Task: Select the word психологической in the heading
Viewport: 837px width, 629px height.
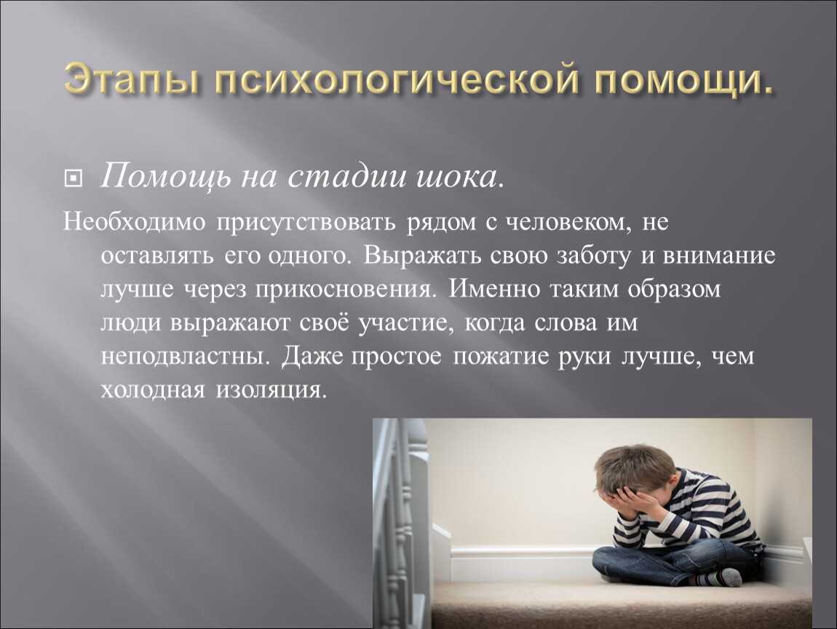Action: tap(397, 80)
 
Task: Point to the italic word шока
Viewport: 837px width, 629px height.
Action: tap(459, 177)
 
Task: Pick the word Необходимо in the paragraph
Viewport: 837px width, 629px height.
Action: tap(134, 221)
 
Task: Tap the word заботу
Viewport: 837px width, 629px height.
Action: tap(593, 256)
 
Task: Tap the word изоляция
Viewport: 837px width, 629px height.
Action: tap(270, 389)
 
